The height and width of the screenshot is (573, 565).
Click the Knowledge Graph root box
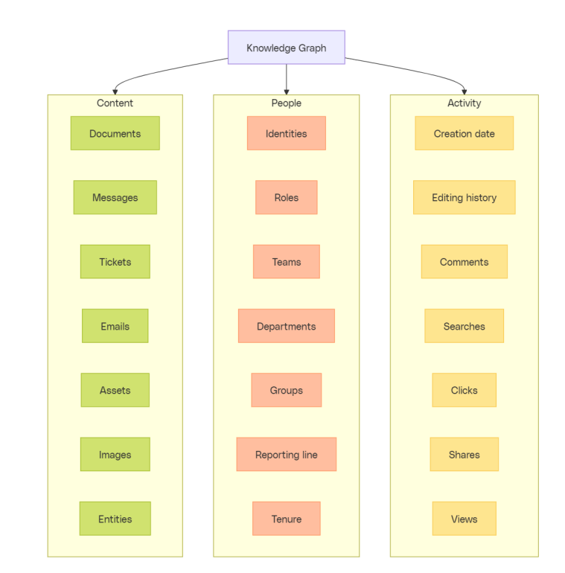[286, 48]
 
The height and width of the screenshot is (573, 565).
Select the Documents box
[115, 133]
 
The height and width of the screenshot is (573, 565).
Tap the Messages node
[115, 197]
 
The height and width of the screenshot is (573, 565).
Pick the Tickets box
[115, 262]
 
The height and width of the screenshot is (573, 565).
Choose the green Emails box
[115, 326]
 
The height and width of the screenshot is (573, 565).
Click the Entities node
[115, 519]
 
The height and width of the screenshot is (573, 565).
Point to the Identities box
[286, 133]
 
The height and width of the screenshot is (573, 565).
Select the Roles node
[286, 197]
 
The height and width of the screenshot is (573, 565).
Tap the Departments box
[286, 326]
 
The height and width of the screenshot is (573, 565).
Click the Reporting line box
[286, 454]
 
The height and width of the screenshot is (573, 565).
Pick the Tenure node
[286, 519]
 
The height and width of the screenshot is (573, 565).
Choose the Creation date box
[464, 133]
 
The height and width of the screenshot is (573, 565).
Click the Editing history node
[464, 197]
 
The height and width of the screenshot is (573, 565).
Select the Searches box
[464, 326]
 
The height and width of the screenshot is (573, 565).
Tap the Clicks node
[464, 390]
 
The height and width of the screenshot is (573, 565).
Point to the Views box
[464, 519]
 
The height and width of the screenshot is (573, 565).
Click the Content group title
[115, 103]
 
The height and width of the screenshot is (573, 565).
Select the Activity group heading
[464, 103]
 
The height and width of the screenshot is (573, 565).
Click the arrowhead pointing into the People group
[287, 92]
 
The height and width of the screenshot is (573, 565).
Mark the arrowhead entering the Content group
[115, 92]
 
